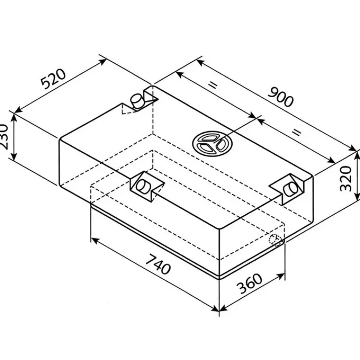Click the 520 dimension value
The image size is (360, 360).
[x=53, y=78]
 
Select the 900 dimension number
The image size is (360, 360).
[x=280, y=97]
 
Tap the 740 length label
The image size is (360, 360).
[x=158, y=264]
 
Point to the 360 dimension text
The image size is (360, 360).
[x=250, y=283]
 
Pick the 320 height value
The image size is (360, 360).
[x=346, y=179]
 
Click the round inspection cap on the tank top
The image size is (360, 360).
[x=212, y=144]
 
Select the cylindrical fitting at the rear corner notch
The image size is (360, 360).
[x=137, y=101]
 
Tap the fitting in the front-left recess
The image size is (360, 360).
[x=144, y=185]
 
